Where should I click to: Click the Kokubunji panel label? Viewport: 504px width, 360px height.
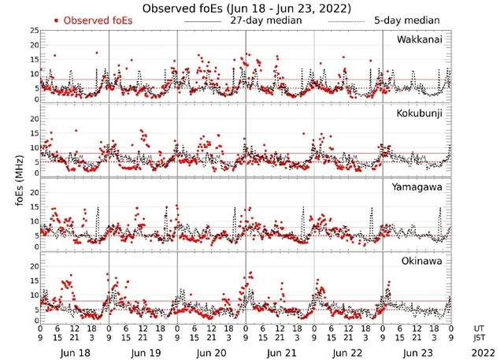421,113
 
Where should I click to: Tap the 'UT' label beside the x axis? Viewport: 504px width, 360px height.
479,328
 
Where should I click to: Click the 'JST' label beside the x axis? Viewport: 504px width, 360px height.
480,339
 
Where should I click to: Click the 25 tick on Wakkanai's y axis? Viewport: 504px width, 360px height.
33,31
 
